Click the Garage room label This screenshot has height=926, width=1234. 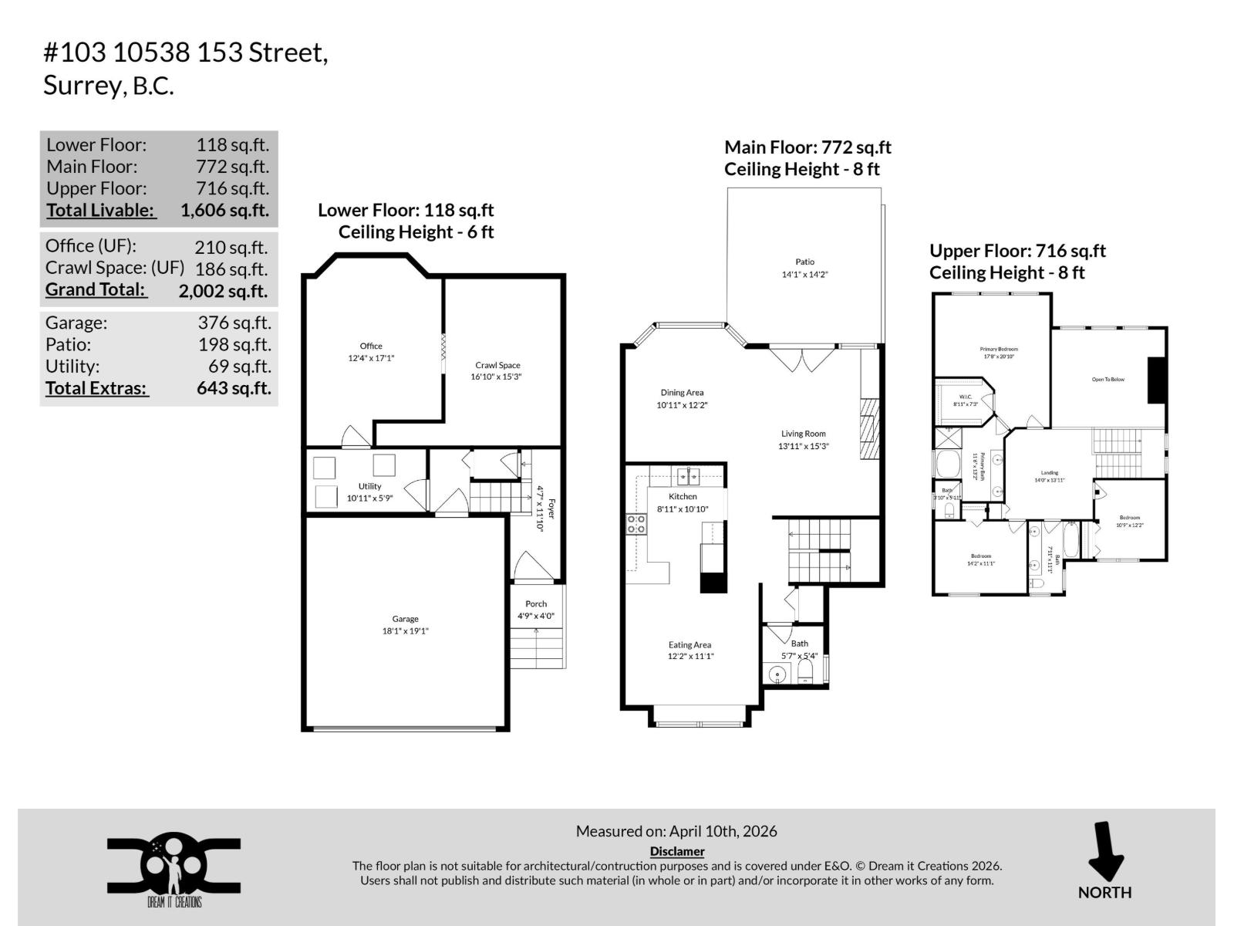click(x=405, y=619)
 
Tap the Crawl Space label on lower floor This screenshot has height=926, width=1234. click(x=497, y=365)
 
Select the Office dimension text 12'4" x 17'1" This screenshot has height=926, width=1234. click(x=371, y=358)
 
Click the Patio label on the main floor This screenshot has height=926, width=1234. click(x=804, y=262)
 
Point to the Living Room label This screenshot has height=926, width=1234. click(x=803, y=434)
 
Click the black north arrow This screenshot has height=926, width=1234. click(x=1105, y=851)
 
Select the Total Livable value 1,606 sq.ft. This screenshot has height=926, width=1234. click(x=224, y=210)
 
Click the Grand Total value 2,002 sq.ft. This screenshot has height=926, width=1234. click(x=223, y=291)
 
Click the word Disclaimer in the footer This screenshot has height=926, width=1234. click(x=677, y=851)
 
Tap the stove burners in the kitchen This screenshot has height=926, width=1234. click(x=636, y=525)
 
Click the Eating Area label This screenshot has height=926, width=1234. click(x=689, y=645)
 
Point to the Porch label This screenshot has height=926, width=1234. click(x=536, y=604)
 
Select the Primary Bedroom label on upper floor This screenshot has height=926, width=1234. click(x=999, y=350)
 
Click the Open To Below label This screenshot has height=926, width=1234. click(x=1108, y=380)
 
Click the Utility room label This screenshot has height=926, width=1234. click(x=369, y=486)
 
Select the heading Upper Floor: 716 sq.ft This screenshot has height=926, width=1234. click(x=1017, y=251)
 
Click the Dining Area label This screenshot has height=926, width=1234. click(x=682, y=393)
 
